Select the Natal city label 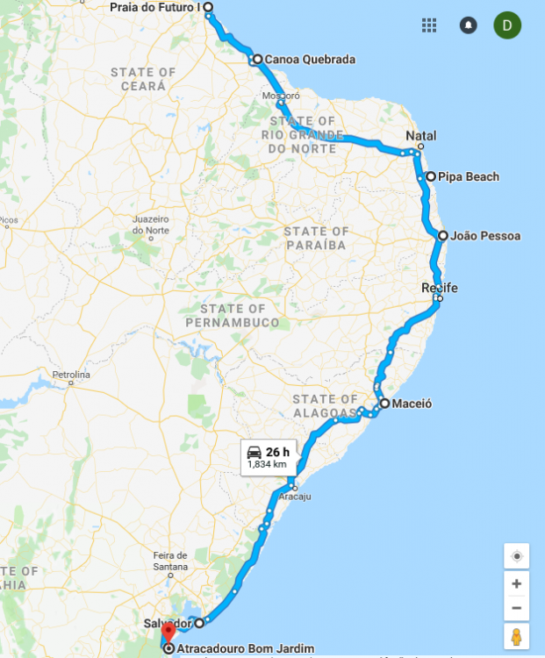[x=420, y=136]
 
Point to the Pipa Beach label [x=469, y=177]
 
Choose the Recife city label [x=440, y=288]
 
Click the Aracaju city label [x=295, y=497]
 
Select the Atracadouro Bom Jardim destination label [x=245, y=649]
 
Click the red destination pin [x=169, y=633]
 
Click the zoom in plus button [x=516, y=583]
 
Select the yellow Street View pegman [x=516, y=636]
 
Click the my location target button [x=516, y=556]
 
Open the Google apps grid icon [x=429, y=25]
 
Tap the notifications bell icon [x=469, y=25]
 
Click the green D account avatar [x=507, y=25]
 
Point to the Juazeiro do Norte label [x=150, y=224]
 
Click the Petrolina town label [x=72, y=375]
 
